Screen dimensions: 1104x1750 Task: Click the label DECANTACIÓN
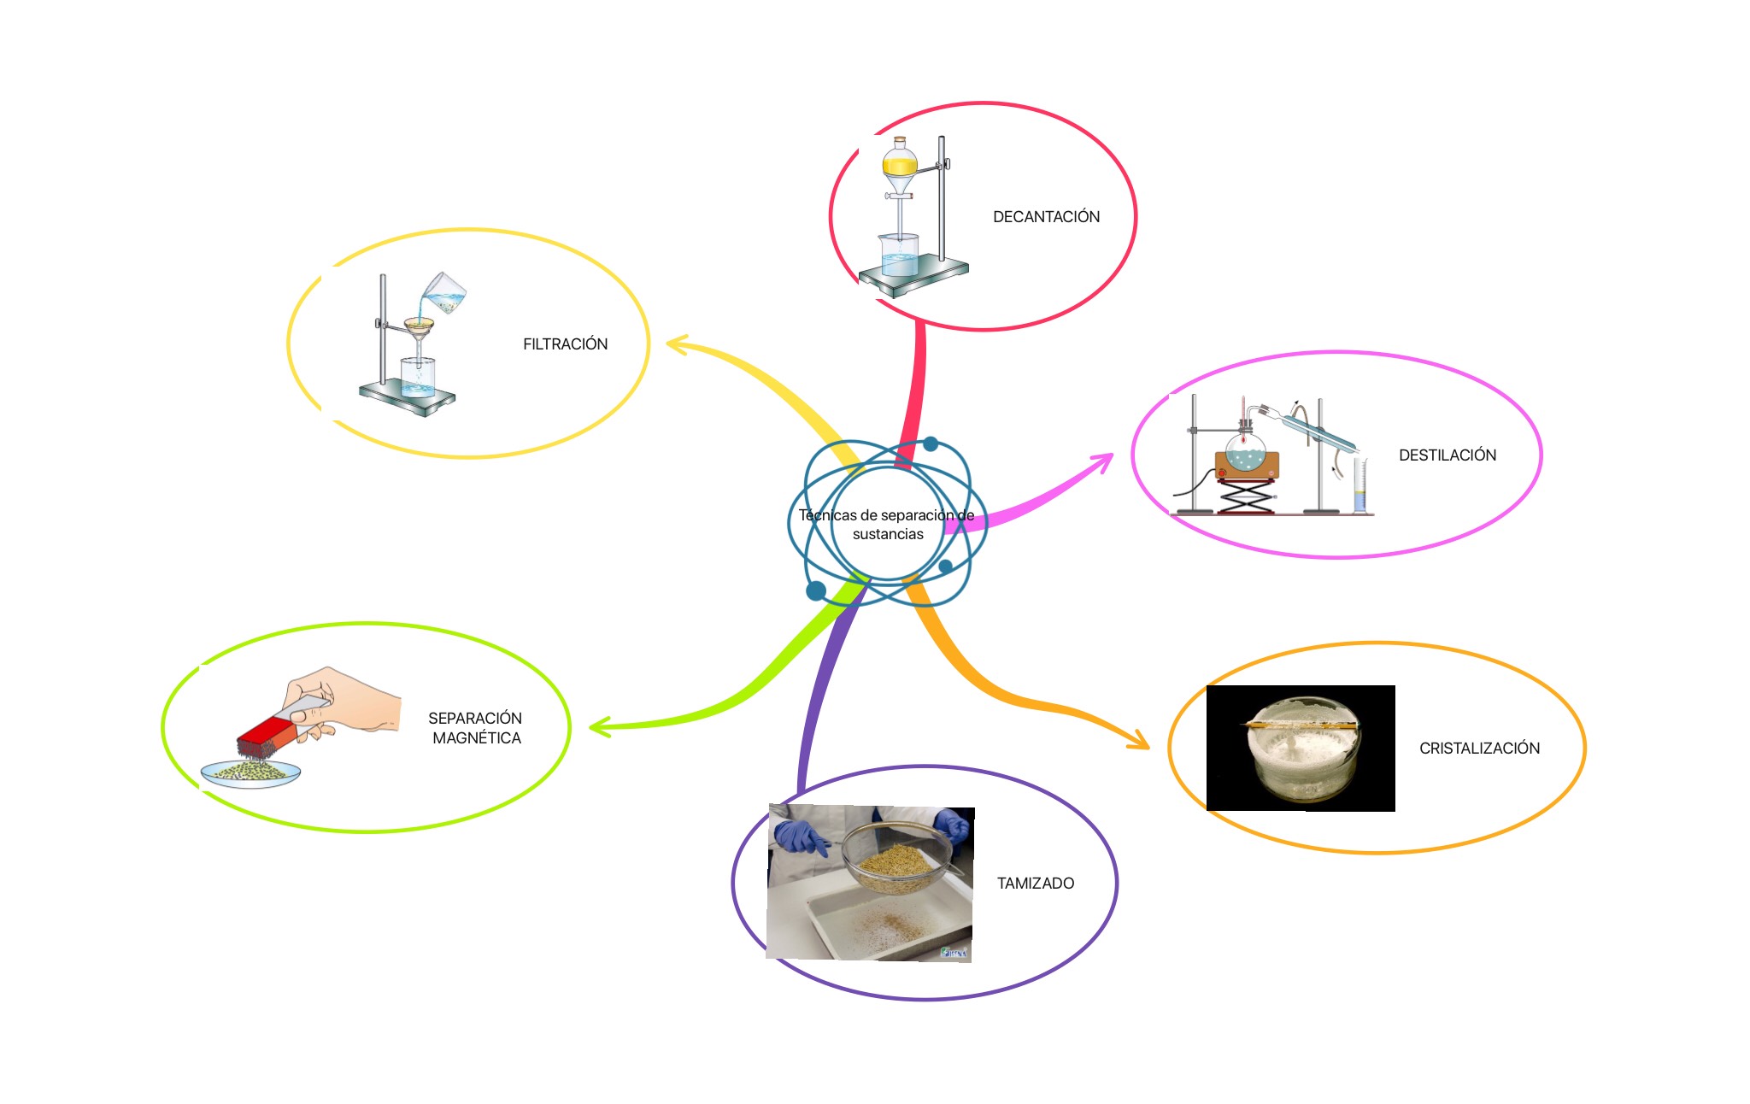coord(1046,217)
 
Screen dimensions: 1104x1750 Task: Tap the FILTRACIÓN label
coord(565,344)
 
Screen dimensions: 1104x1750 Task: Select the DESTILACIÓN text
coord(1447,455)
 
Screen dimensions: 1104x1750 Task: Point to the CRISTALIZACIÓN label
coord(1479,749)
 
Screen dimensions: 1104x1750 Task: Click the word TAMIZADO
coord(1035,884)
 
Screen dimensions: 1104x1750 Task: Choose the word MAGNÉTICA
coord(477,738)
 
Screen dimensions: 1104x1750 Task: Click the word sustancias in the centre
coord(888,535)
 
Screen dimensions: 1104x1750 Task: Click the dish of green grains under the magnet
coord(250,772)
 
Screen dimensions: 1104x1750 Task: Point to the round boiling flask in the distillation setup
coord(1246,450)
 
